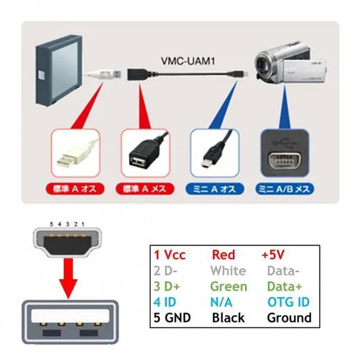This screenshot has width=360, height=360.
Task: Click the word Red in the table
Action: [x=223, y=255]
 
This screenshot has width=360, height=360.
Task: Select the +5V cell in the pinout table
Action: [x=274, y=255]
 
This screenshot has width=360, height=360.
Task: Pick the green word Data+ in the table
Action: [x=285, y=286]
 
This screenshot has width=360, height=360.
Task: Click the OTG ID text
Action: [x=288, y=302]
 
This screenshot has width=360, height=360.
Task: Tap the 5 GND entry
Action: [x=172, y=318]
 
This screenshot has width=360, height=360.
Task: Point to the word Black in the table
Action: [x=228, y=318]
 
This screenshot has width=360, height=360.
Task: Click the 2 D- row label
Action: [x=169, y=271]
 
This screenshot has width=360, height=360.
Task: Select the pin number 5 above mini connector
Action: [x=51, y=225]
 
